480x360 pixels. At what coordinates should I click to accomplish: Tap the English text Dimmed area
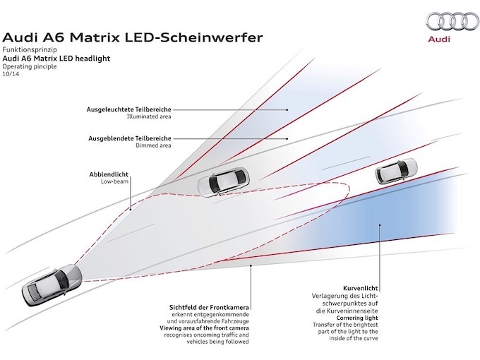[157, 146]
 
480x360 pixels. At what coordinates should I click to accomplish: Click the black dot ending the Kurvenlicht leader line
[379, 226]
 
